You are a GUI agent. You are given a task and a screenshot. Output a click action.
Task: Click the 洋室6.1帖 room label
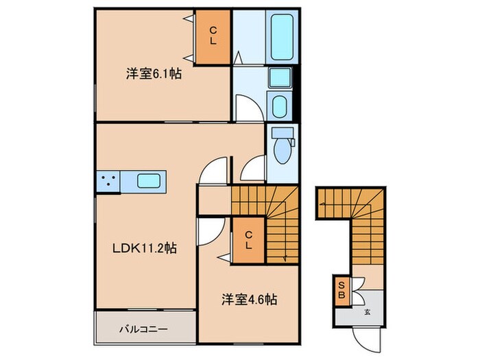[x=153, y=73]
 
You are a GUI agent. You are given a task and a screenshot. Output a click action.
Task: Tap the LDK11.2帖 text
[x=144, y=248]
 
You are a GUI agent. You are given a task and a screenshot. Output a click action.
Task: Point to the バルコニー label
[x=146, y=329]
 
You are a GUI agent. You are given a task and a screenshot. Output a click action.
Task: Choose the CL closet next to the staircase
[x=248, y=240]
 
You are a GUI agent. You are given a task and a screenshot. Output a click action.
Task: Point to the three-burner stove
[x=108, y=181]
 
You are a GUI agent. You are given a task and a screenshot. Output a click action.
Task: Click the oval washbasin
[x=280, y=106]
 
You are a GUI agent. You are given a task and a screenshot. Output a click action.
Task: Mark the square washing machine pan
[x=279, y=77]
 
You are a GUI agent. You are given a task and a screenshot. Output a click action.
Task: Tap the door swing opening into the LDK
[x=214, y=171]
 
